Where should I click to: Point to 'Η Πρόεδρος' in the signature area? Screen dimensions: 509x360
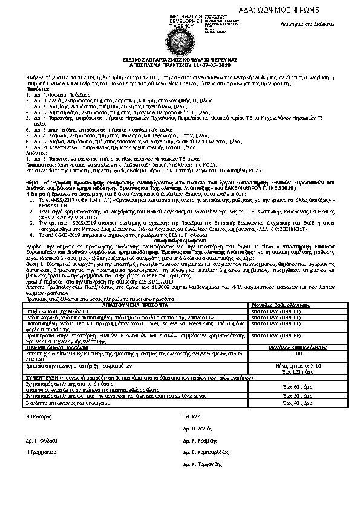click(x=36, y=417)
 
